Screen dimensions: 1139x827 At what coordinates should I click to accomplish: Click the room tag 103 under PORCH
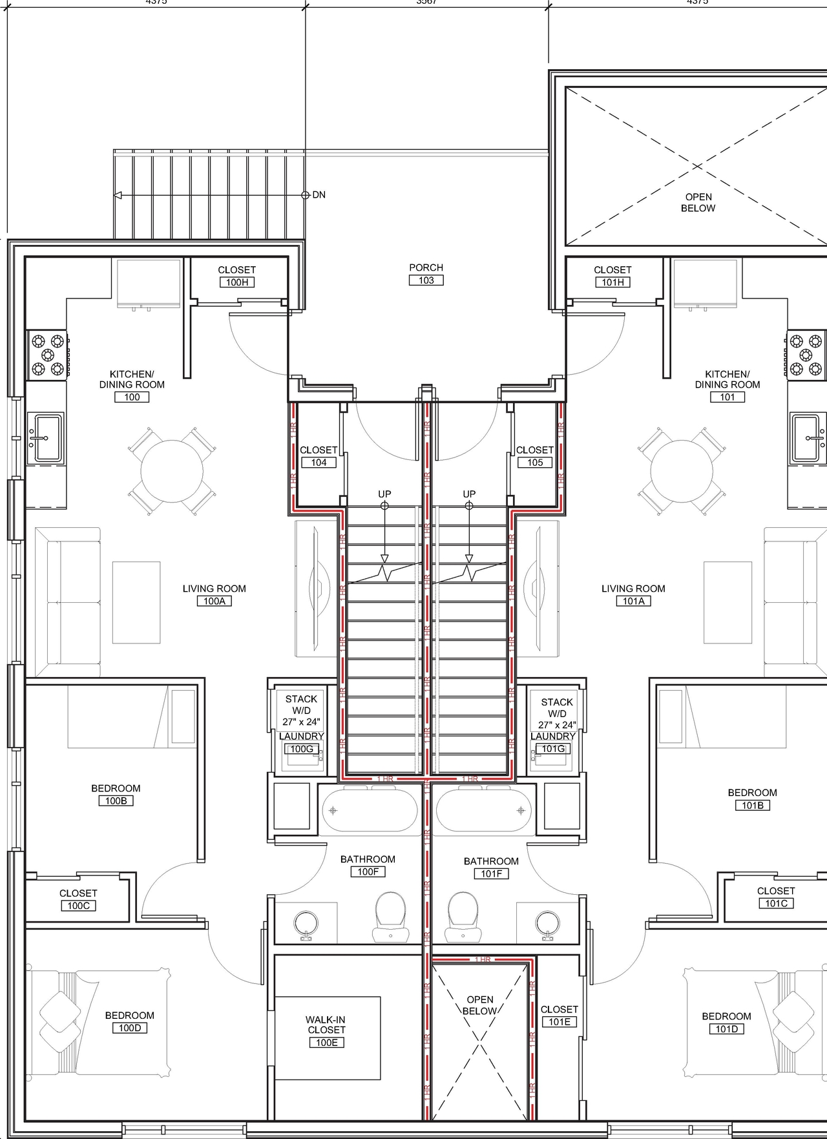point(426,280)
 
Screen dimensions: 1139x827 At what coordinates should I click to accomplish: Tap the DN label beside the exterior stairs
point(319,194)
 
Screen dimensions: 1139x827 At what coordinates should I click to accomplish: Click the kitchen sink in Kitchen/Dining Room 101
point(808,438)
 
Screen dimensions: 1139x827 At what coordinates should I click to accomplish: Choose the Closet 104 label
point(319,450)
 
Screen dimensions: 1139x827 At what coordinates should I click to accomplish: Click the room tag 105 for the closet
point(535,463)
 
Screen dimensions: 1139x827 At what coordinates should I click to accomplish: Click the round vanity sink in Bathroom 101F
point(548,923)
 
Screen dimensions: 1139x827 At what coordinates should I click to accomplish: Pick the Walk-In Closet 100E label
point(326,1025)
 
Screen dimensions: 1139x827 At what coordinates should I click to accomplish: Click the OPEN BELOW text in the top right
point(698,202)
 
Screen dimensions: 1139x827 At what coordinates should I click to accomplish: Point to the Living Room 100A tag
point(214,601)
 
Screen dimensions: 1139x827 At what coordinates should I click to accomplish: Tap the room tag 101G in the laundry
point(553,749)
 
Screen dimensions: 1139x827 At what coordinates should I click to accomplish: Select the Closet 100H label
point(236,270)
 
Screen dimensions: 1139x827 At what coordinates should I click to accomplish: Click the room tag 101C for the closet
point(776,903)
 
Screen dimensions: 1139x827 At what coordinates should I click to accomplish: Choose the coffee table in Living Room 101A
point(728,602)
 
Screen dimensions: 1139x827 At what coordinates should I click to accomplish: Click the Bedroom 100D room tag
point(129,1028)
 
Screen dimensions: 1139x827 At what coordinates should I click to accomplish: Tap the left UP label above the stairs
point(384,494)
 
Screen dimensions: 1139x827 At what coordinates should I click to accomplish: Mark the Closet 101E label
point(559,1009)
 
